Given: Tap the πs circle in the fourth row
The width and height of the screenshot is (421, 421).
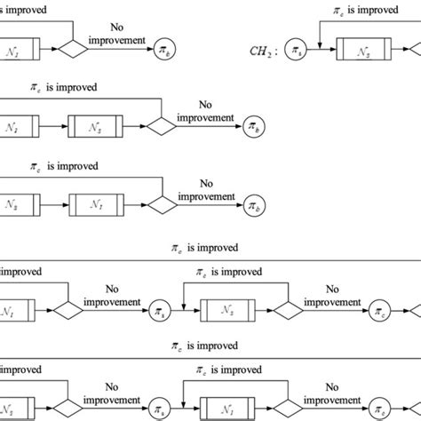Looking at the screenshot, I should tap(161, 311).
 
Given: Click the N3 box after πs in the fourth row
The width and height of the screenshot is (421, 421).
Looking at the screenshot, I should tap(228, 311).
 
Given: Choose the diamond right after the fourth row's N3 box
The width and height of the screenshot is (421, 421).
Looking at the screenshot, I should tap(286, 311).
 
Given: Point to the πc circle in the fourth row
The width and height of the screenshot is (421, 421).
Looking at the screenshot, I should tap(380, 311).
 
